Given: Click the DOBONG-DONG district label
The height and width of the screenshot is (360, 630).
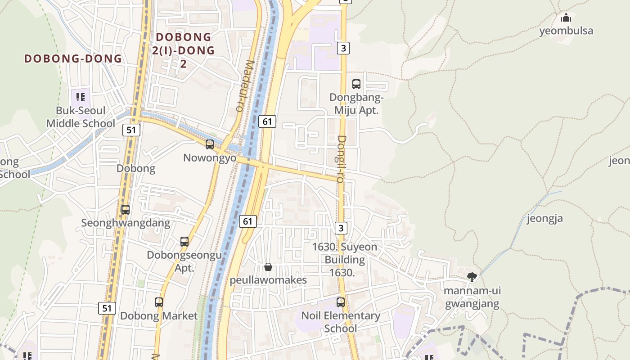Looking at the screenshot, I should tap(73, 58).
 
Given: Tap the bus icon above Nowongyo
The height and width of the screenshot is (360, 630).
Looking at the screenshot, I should tap(210, 144).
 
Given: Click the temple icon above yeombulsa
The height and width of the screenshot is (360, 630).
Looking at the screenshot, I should tap(566, 18).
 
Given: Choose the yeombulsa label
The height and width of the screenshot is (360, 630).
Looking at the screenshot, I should tap(566, 31).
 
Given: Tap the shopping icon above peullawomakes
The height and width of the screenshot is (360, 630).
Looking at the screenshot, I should tap(268, 267).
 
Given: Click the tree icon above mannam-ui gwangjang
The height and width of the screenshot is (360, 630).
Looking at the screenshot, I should tap(472, 277).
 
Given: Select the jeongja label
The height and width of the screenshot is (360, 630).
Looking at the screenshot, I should tap(545, 219).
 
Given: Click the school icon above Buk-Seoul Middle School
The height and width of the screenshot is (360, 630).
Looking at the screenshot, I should tap(81, 97).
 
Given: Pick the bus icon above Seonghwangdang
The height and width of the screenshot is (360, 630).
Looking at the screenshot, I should tap(126, 210).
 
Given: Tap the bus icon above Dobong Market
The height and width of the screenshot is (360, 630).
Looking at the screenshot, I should tap(159, 302).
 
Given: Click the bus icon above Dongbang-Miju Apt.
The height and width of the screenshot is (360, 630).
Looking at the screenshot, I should tap(356, 84).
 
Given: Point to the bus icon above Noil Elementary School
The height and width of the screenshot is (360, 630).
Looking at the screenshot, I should tap(341, 302).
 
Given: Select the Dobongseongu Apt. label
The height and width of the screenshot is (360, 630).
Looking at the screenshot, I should tap(184, 261).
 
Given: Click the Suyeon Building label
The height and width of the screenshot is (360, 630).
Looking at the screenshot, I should tap(345, 253).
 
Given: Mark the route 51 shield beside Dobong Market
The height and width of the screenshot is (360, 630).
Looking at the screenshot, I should tap(107, 308).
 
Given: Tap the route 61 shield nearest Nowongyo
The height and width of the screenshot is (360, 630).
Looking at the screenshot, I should tap(267, 121).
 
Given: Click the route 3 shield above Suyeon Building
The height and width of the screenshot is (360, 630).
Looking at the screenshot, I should tap(341, 228).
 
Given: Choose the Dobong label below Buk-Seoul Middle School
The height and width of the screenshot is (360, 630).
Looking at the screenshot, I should tap(136, 169).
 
